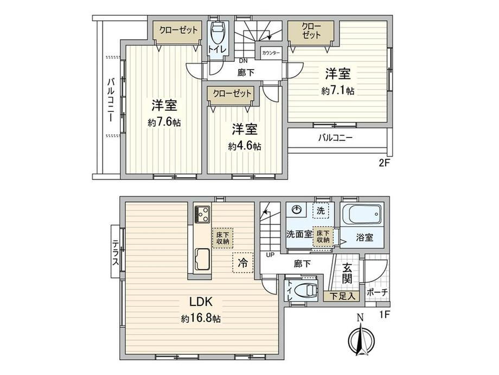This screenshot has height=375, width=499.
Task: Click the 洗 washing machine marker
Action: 321,210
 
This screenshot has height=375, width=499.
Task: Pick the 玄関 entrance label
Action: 348,274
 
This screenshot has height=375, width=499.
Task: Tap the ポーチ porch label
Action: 377,292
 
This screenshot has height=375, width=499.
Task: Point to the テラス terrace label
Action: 116,253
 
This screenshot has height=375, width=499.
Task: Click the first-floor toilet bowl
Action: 308,290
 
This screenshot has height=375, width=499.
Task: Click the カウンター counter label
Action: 271,53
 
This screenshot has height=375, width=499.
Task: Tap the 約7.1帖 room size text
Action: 337,91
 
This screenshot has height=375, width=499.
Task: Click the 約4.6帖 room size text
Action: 245,146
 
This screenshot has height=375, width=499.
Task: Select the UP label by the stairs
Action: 269,254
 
